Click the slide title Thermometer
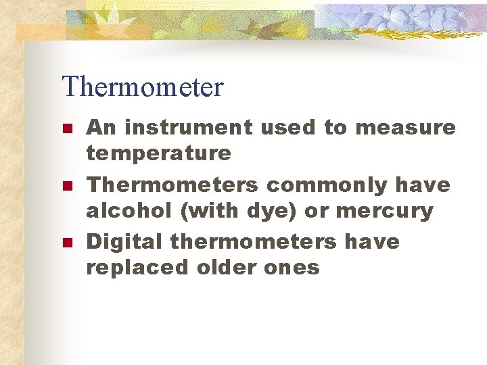point(142,87)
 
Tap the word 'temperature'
point(158,153)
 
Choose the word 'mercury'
point(384,212)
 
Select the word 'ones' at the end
point(292,268)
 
